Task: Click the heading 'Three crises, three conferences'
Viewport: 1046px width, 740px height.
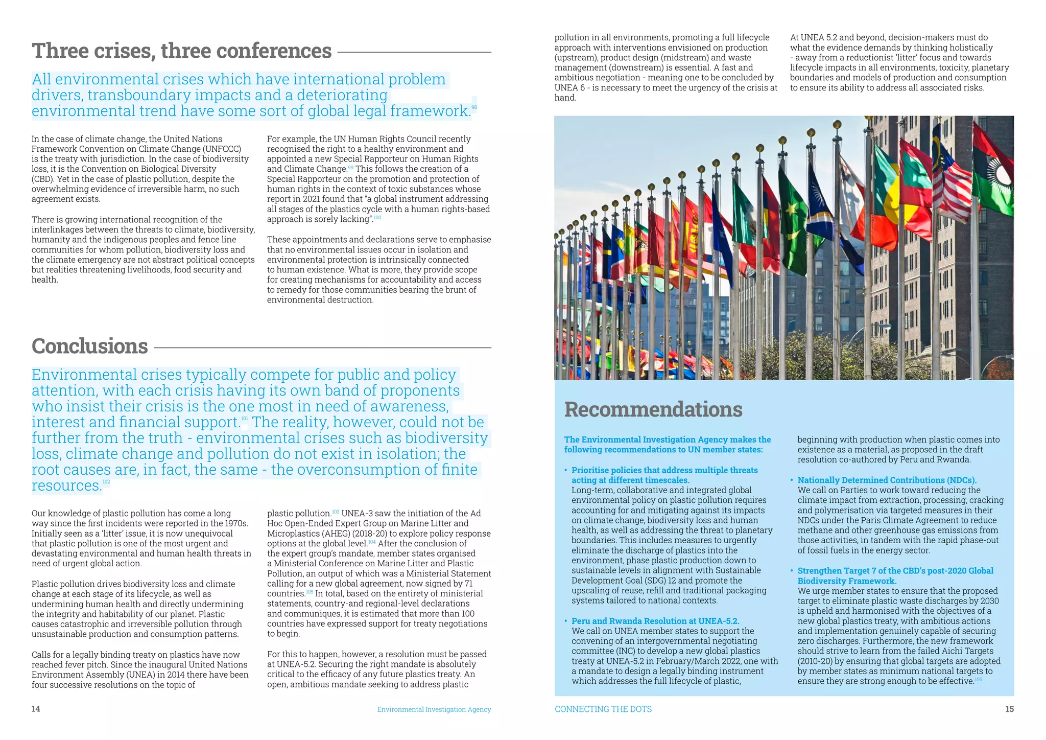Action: [181, 51]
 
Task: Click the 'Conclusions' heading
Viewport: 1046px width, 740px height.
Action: [90, 346]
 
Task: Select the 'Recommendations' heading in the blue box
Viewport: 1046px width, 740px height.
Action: [653, 409]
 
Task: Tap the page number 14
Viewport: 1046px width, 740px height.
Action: [36, 709]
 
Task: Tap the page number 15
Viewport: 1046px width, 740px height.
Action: [1009, 709]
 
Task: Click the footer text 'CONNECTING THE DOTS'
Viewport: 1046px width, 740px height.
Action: [603, 709]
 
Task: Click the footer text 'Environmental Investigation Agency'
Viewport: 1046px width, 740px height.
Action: [434, 709]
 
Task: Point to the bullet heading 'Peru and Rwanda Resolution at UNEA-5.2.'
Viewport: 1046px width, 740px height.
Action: [655, 621]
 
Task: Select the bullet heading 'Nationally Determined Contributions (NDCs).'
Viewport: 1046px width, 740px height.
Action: [887, 480]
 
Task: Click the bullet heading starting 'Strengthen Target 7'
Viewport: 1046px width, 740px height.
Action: [895, 571]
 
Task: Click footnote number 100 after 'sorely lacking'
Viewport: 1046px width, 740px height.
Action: [377, 218]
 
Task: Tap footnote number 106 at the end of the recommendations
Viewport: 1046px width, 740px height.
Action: [978, 679]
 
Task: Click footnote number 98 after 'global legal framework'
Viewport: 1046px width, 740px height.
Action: [474, 107]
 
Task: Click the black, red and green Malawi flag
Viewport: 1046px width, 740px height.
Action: [993, 174]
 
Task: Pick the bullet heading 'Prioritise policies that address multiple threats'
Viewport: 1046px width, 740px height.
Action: [664, 470]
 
